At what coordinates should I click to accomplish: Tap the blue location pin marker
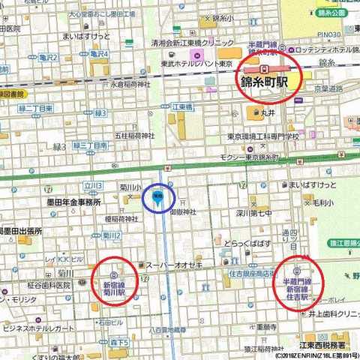click(x=158, y=196)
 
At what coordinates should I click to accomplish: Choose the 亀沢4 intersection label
click(x=98, y=54)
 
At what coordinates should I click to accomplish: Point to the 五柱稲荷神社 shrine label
click(x=134, y=136)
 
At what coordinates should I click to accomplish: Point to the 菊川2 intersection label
click(x=112, y=236)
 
